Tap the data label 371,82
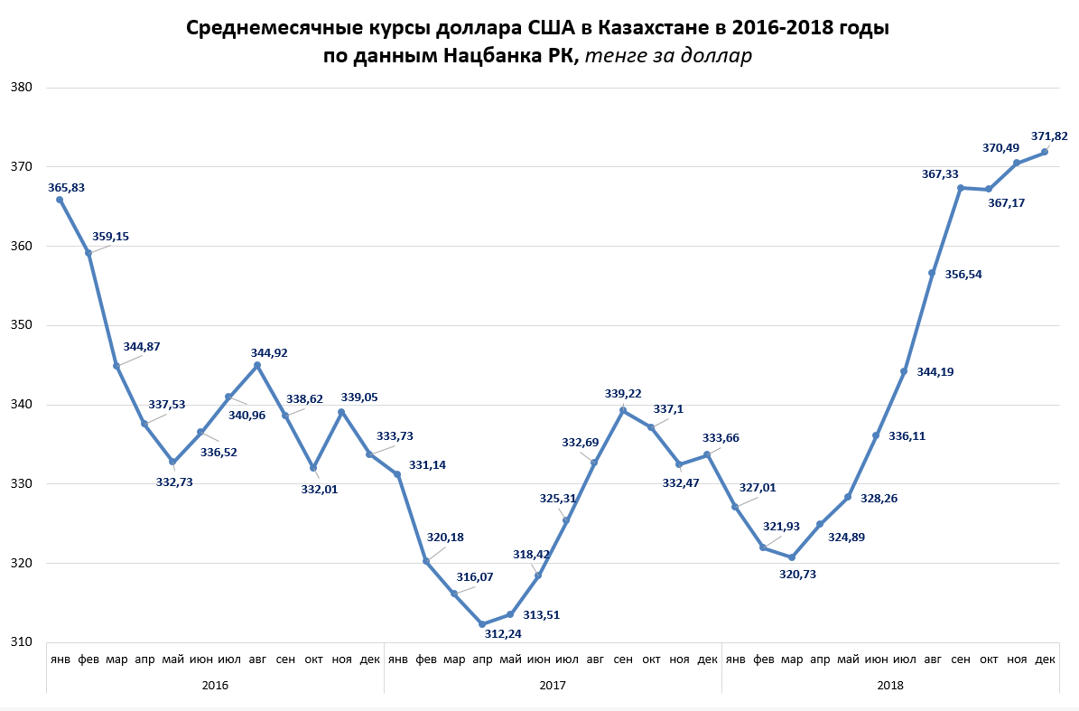1049,136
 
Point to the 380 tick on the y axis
22,88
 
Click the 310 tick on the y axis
22,642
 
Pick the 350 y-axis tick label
22,325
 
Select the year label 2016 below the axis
215,685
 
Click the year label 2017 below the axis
553,685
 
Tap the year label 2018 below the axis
890,685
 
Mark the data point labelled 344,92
257,365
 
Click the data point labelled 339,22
623,410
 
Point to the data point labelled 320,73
792,557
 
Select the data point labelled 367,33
961,188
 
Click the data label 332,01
319,489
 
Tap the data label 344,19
933,371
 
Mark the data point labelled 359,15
88,253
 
